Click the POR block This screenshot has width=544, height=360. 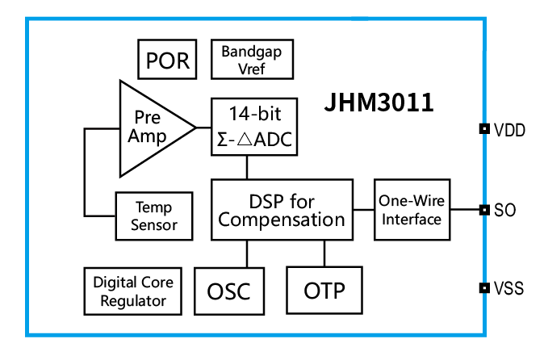167,60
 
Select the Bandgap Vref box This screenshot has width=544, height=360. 252,59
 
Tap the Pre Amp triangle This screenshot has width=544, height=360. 149,128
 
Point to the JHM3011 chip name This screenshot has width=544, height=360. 379,103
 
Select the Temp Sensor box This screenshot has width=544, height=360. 154,216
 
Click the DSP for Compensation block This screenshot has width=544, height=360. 282,210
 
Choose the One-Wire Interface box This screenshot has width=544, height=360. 412,210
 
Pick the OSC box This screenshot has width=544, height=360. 228,291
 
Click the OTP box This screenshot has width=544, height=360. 324,290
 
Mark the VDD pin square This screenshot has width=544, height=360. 484,128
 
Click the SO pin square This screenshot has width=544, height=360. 484,210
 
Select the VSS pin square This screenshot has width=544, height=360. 484,287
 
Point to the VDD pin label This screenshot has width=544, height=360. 509,129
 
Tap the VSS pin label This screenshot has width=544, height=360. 509,288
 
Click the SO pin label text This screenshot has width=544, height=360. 504,211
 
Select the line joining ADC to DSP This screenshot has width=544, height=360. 247,167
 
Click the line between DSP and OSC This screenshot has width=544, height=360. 247,253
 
